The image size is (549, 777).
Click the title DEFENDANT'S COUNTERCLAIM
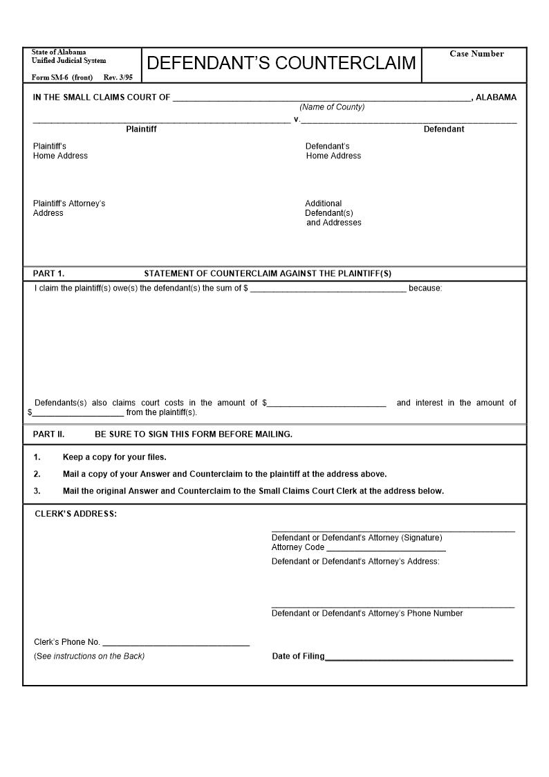pyautogui.click(x=281, y=63)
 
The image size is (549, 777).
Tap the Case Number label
pyautogui.click(x=476, y=54)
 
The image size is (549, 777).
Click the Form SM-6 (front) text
pyautogui.click(x=62, y=77)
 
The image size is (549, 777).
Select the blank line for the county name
pyautogui.click(x=322, y=98)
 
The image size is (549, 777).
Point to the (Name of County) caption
pyautogui.click(x=332, y=107)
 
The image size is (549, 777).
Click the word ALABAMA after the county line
pyautogui.click(x=496, y=98)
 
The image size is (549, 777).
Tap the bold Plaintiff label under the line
pyautogui.click(x=141, y=129)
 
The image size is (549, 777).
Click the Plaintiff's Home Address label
pyautogui.click(x=60, y=151)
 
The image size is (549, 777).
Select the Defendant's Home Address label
pyautogui.click(x=333, y=151)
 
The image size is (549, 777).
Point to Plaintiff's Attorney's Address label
pyautogui.click(x=69, y=208)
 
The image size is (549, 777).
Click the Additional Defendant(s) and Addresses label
pyautogui.click(x=333, y=213)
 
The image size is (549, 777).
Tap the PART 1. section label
pyautogui.click(x=48, y=273)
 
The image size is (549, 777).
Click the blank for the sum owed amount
pyautogui.click(x=328, y=289)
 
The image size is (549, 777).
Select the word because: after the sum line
pyautogui.click(x=425, y=289)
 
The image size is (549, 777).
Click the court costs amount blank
pyautogui.click(x=326, y=403)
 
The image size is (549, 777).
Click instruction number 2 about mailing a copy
pyautogui.click(x=225, y=475)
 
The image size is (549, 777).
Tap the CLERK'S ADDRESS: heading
pyautogui.click(x=76, y=514)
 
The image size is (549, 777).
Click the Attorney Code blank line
pyautogui.click(x=386, y=548)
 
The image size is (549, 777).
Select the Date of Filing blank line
pyautogui.click(x=419, y=657)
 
